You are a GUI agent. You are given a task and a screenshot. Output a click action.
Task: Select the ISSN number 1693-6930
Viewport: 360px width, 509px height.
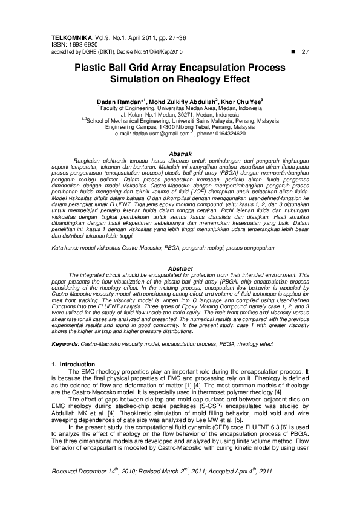pyautogui.click(x=77, y=45)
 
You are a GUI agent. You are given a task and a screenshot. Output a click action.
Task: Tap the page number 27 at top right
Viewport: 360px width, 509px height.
pyautogui.click(x=305, y=52)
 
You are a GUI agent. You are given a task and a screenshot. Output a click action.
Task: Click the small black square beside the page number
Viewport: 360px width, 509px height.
pyautogui.click(x=293, y=52)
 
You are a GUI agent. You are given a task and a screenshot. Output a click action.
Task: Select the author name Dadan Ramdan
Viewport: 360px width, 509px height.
pyautogui.click(x=120, y=100)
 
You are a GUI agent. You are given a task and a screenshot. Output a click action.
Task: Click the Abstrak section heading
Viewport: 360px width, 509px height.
pyautogui.click(x=180, y=154)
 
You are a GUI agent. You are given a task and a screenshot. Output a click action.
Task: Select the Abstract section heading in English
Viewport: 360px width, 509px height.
pyautogui.click(x=180, y=268)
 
